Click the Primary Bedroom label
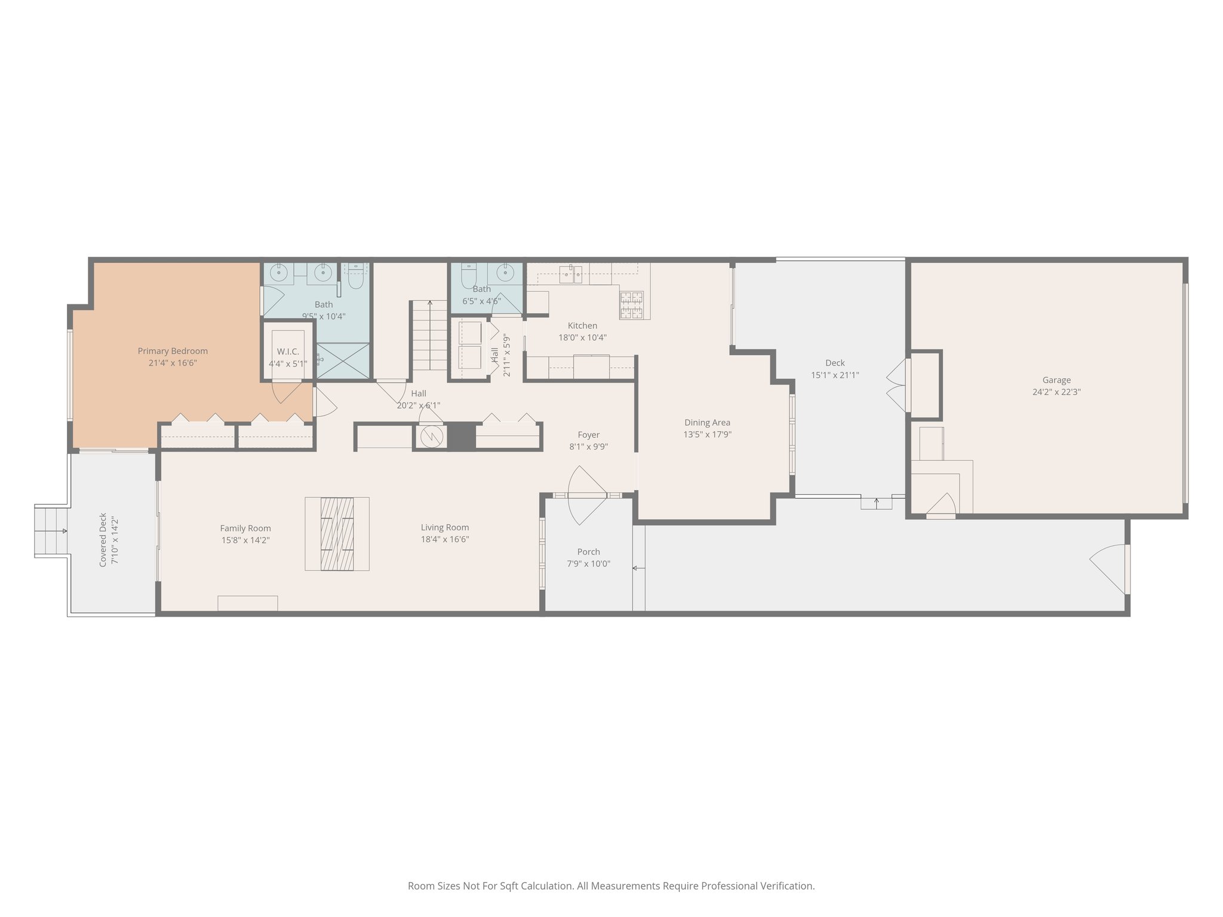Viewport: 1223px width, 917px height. point(173,351)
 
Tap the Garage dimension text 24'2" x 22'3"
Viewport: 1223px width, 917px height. point(1056,392)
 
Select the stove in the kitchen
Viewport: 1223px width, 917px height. point(631,304)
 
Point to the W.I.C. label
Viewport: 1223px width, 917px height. point(288,352)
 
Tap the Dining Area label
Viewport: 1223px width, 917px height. point(707,423)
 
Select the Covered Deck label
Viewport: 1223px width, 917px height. point(103,539)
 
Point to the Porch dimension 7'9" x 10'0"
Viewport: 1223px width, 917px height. point(588,564)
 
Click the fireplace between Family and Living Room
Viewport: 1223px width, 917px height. point(337,534)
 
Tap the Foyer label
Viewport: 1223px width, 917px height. point(588,435)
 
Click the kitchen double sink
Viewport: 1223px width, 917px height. point(571,275)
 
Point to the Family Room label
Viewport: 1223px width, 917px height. point(245,528)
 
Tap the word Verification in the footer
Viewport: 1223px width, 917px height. point(786,886)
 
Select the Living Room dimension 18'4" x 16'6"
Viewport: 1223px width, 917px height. point(444,540)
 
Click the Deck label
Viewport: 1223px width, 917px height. point(835,363)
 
